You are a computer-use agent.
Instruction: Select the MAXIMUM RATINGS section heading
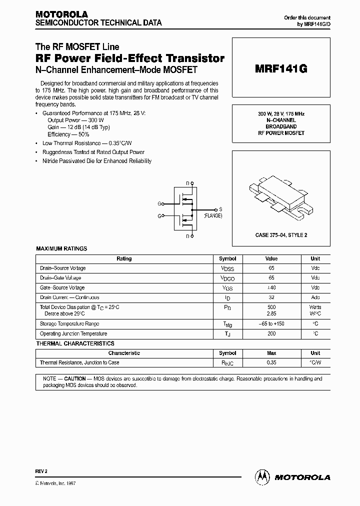pos(62,248)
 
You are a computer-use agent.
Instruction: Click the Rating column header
pos(124,258)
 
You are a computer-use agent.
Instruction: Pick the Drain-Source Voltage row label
pos(62,268)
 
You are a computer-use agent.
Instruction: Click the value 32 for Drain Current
pos(271,297)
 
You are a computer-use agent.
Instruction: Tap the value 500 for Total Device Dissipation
pos(271,307)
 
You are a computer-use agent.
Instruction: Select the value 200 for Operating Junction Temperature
pos(271,333)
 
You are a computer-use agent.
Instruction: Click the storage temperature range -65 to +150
pos(271,323)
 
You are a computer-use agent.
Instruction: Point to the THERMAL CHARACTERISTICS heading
pos(75,343)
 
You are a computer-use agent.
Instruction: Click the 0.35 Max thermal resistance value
pos(271,362)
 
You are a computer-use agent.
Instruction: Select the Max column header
pos(271,353)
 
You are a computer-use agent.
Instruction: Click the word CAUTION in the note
pos(74,379)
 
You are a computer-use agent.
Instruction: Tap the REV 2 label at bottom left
pos(41,471)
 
